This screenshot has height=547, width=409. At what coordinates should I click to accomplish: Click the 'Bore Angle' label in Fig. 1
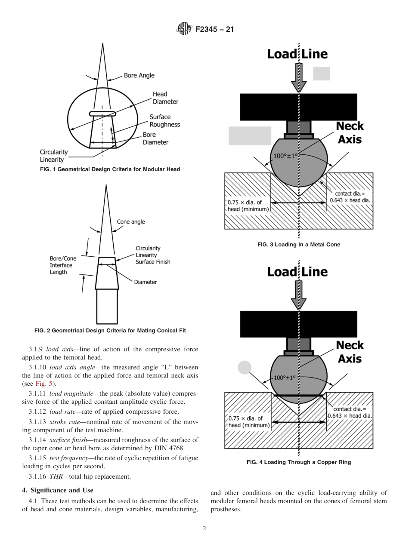(x=139, y=75)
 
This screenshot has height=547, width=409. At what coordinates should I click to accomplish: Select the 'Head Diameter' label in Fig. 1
(x=165, y=98)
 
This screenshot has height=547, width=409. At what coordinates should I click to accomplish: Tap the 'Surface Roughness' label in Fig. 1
(x=164, y=120)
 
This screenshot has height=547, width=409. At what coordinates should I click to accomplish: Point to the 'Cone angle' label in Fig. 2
(x=131, y=222)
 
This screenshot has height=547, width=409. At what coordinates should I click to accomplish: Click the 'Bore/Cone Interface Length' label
(x=63, y=265)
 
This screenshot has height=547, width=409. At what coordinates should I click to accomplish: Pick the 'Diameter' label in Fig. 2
(x=146, y=282)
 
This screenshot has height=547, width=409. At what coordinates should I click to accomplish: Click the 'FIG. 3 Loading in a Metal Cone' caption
(x=298, y=244)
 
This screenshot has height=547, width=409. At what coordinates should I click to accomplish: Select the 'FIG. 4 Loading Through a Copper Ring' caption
(x=298, y=462)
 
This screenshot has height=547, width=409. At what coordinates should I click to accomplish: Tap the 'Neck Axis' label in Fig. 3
(x=350, y=133)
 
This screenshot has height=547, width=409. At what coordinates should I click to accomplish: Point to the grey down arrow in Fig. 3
(x=298, y=77)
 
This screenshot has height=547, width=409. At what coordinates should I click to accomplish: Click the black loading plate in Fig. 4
(x=298, y=323)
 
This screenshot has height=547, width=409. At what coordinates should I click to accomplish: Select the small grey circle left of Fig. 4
(x=245, y=368)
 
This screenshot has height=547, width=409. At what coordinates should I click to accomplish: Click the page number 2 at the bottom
(x=204, y=529)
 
